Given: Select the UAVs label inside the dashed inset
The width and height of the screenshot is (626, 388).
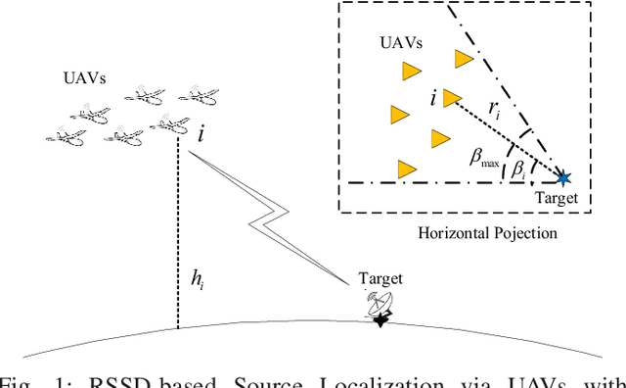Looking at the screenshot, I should [401, 44].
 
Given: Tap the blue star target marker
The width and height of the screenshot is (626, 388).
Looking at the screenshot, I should [563, 178].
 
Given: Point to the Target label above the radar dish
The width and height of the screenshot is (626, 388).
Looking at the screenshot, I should [381, 279].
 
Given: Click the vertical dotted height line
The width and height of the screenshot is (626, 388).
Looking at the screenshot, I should [177, 235].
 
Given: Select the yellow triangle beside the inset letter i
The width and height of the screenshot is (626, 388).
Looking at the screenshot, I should [451, 97].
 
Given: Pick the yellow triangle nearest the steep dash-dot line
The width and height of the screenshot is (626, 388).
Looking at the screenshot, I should [465, 58].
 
